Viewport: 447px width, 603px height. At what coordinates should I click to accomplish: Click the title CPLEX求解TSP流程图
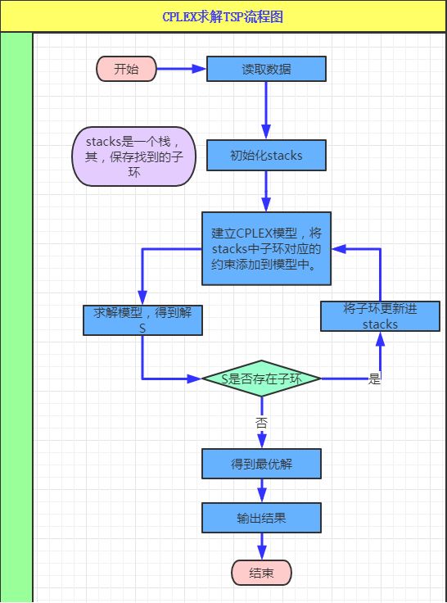click(223, 16)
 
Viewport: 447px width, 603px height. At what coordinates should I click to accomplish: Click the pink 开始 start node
click(126, 69)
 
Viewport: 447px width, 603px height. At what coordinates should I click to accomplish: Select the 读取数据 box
click(266, 69)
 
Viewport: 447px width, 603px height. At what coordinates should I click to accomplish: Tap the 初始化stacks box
click(266, 155)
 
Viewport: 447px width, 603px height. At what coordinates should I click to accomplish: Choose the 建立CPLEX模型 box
click(267, 248)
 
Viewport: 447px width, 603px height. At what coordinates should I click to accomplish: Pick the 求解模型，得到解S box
click(142, 320)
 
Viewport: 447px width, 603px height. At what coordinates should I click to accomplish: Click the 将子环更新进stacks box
click(380, 316)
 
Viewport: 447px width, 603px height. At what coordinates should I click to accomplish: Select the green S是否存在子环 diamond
click(262, 379)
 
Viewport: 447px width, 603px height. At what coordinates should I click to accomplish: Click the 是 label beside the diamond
click(375, 379)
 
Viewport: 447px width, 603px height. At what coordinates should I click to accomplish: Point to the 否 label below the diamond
click(261, 424)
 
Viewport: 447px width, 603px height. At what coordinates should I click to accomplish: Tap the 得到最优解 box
click(262, 465)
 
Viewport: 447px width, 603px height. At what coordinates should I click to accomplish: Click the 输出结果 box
click(262, 518)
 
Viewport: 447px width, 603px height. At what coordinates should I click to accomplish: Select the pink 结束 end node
click(262, 573)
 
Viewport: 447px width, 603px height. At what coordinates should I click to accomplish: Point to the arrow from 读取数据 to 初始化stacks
click(266, 111)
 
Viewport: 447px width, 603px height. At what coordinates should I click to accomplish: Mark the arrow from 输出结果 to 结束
click(262, 546)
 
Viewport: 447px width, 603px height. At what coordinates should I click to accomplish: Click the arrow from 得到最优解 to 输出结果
click(262, 491)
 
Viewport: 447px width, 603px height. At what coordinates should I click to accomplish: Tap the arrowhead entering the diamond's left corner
click(195, 379)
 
